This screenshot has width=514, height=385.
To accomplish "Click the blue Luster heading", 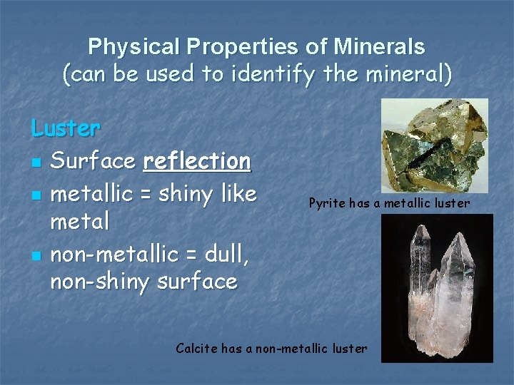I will pyautogui.click(x=66, y=128).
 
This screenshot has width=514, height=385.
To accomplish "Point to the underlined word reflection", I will pyautogui.click(x=197, y=161).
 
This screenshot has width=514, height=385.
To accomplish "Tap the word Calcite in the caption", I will pyautogui.click(x=196, y=349).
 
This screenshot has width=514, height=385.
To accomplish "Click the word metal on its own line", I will pyautogui.click(x=80, y=222).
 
